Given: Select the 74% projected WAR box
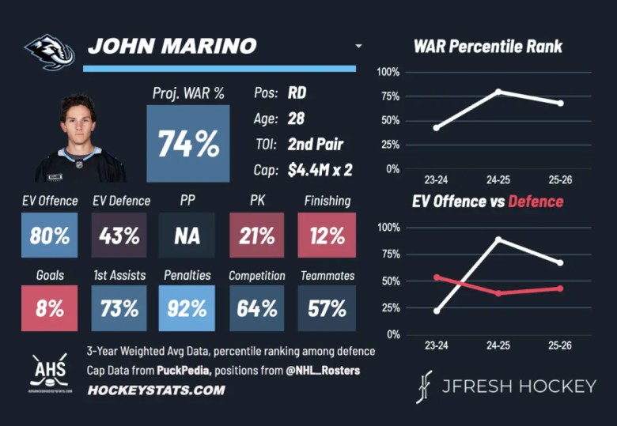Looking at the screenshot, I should click(188, 144).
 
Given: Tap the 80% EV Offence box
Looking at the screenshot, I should click(50, 235).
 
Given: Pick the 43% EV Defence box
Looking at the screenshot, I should click(119, 235).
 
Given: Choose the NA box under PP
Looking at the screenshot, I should click(187, 235).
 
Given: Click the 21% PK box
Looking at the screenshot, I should click(256, 235).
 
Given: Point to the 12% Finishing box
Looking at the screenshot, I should click(327, 235).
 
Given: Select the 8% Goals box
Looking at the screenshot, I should click(50, 307).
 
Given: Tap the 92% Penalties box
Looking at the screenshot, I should click(187, 307).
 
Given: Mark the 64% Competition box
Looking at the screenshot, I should click(256, 307).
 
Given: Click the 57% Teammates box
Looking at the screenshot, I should click(327, 307).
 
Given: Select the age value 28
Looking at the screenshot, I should click(296, 119).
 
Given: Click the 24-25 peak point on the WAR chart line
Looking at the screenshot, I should click(498, 92).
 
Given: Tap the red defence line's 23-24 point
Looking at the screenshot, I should click(437, 277).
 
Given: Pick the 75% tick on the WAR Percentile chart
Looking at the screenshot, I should click(388, 96).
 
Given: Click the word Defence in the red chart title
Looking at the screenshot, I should click(536, 202).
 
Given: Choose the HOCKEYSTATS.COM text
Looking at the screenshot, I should click(156, 390).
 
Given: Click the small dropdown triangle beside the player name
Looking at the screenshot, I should click(358, 47).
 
